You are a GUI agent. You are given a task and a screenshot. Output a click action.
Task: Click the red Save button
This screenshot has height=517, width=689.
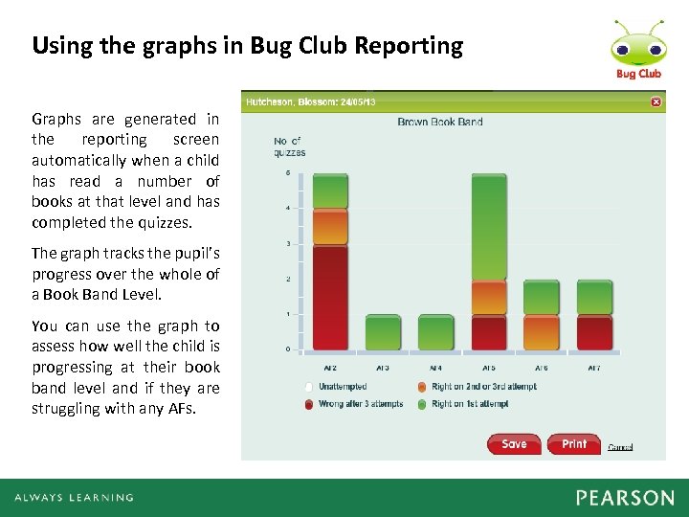coord(514,444)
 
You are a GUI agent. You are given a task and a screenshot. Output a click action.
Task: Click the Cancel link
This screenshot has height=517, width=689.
coord(620,447)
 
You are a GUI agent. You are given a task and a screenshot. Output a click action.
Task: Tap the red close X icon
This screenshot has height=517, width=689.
coord(656,101)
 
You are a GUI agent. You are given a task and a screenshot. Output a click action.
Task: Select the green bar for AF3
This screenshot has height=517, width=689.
coord(383,332)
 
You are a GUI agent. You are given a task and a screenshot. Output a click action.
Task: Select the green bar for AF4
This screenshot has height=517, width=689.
coord(435,332)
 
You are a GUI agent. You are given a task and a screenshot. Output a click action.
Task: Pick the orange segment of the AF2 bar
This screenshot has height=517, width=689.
coord(330,227)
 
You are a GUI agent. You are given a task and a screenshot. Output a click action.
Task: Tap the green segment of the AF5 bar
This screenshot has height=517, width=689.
coord(489,228)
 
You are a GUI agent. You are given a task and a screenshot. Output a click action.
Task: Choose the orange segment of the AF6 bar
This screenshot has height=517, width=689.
coord(542,332)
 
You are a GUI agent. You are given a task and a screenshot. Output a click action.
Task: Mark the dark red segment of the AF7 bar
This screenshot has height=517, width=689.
coord(594,332)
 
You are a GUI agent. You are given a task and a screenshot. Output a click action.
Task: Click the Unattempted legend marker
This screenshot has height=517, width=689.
coord(309,387)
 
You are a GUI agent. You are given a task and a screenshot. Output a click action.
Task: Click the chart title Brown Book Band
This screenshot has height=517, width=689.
coord(440,122)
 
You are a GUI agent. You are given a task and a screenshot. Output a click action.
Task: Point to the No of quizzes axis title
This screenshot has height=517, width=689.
coord(289,146)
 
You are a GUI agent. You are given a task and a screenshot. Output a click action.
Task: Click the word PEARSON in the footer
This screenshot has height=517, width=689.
coord(625,498)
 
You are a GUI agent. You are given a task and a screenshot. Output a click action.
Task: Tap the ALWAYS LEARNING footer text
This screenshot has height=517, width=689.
coord(74,498)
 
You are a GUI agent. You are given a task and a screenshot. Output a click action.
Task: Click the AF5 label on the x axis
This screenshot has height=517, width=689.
coord(489,368)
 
